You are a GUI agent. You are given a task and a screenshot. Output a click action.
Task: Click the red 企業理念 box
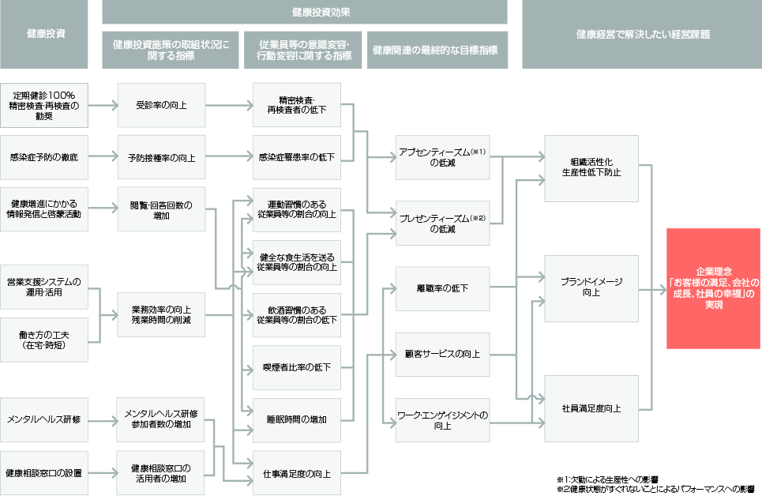[x=713, y=288]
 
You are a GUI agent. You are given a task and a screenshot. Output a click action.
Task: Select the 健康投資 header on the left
[x=44, y=34]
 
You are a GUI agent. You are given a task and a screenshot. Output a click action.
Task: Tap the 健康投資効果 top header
[x=304, y=12]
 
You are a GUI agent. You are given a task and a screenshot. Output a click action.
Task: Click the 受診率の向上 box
[x=161, y=105]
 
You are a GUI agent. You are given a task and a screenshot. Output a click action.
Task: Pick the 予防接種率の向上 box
[x=161, y=157]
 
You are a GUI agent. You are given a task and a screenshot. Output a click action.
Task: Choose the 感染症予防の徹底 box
[x=44, y=157]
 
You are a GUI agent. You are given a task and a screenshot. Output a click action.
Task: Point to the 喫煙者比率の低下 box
[x=296, y=367]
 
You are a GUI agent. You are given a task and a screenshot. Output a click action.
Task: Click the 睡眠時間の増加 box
[x=296, y=419]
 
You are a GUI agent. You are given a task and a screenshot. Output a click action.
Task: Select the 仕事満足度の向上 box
[x=296, y=473]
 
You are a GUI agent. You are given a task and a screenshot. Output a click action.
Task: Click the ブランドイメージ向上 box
[x=591, y=288]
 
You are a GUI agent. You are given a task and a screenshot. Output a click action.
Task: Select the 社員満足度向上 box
[x=591, y=408]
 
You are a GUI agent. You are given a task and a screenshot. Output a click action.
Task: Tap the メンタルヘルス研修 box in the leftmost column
[x=44, y=419]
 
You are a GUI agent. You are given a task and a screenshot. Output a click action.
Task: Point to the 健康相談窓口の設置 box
[x=44, y=473]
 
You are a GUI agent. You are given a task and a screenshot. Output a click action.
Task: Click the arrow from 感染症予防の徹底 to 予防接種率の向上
[x=103, y=157]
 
